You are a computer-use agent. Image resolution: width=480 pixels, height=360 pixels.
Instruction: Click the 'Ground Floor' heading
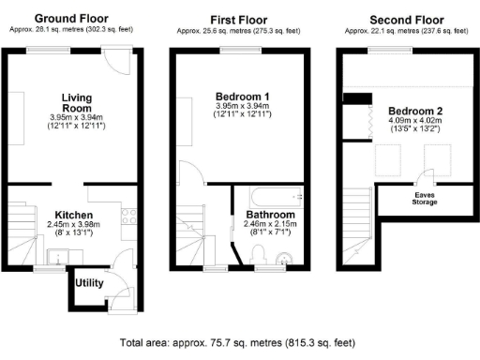point(71,18)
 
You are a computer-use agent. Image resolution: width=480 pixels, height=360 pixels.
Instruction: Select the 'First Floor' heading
point(238,18)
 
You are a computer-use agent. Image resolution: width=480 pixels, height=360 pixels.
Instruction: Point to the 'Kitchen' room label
point(71,215)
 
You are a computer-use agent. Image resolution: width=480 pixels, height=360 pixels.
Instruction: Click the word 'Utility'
point(89,282)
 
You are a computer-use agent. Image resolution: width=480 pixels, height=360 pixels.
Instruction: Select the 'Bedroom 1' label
point(243,97)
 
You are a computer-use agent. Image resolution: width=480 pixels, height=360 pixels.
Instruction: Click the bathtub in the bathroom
point(270,198)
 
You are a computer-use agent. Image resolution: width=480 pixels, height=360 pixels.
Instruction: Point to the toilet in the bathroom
point(262,254)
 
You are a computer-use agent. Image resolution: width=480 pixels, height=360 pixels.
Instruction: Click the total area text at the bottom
point(238,344)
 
